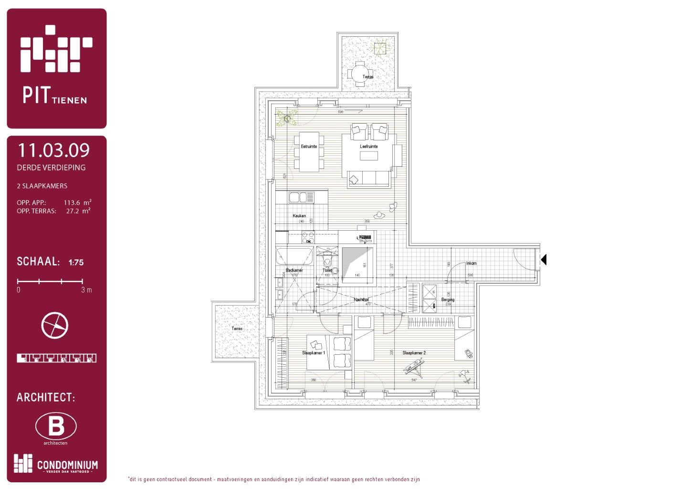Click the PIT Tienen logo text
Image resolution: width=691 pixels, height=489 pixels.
(55, 95)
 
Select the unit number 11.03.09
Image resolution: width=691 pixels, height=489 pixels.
(53, 150)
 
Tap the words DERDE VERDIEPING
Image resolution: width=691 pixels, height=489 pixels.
(51, 168)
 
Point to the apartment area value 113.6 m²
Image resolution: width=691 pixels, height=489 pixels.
(77, 202)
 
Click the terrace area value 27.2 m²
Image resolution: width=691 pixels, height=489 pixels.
(78, 211)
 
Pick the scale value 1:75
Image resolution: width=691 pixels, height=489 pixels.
(76, 262)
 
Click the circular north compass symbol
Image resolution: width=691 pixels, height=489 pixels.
(55, 326)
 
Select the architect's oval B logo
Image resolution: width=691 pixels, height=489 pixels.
(56, 426)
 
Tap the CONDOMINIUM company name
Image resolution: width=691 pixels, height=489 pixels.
(67, 465)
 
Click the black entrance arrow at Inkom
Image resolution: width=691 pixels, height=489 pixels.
(543, 260)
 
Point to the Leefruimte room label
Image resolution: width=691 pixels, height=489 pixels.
(368, 147)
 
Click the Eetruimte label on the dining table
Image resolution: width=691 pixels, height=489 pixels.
(309, 147)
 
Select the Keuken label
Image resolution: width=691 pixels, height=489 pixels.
(299, 216)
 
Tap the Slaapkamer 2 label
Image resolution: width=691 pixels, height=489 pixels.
(414, 353)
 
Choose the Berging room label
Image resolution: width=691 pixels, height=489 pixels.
(448, 300)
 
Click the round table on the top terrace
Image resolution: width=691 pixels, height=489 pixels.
(358, 74)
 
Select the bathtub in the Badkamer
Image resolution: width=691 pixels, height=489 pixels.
(294, 256)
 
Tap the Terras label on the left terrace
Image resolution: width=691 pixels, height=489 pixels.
(237, 329)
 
